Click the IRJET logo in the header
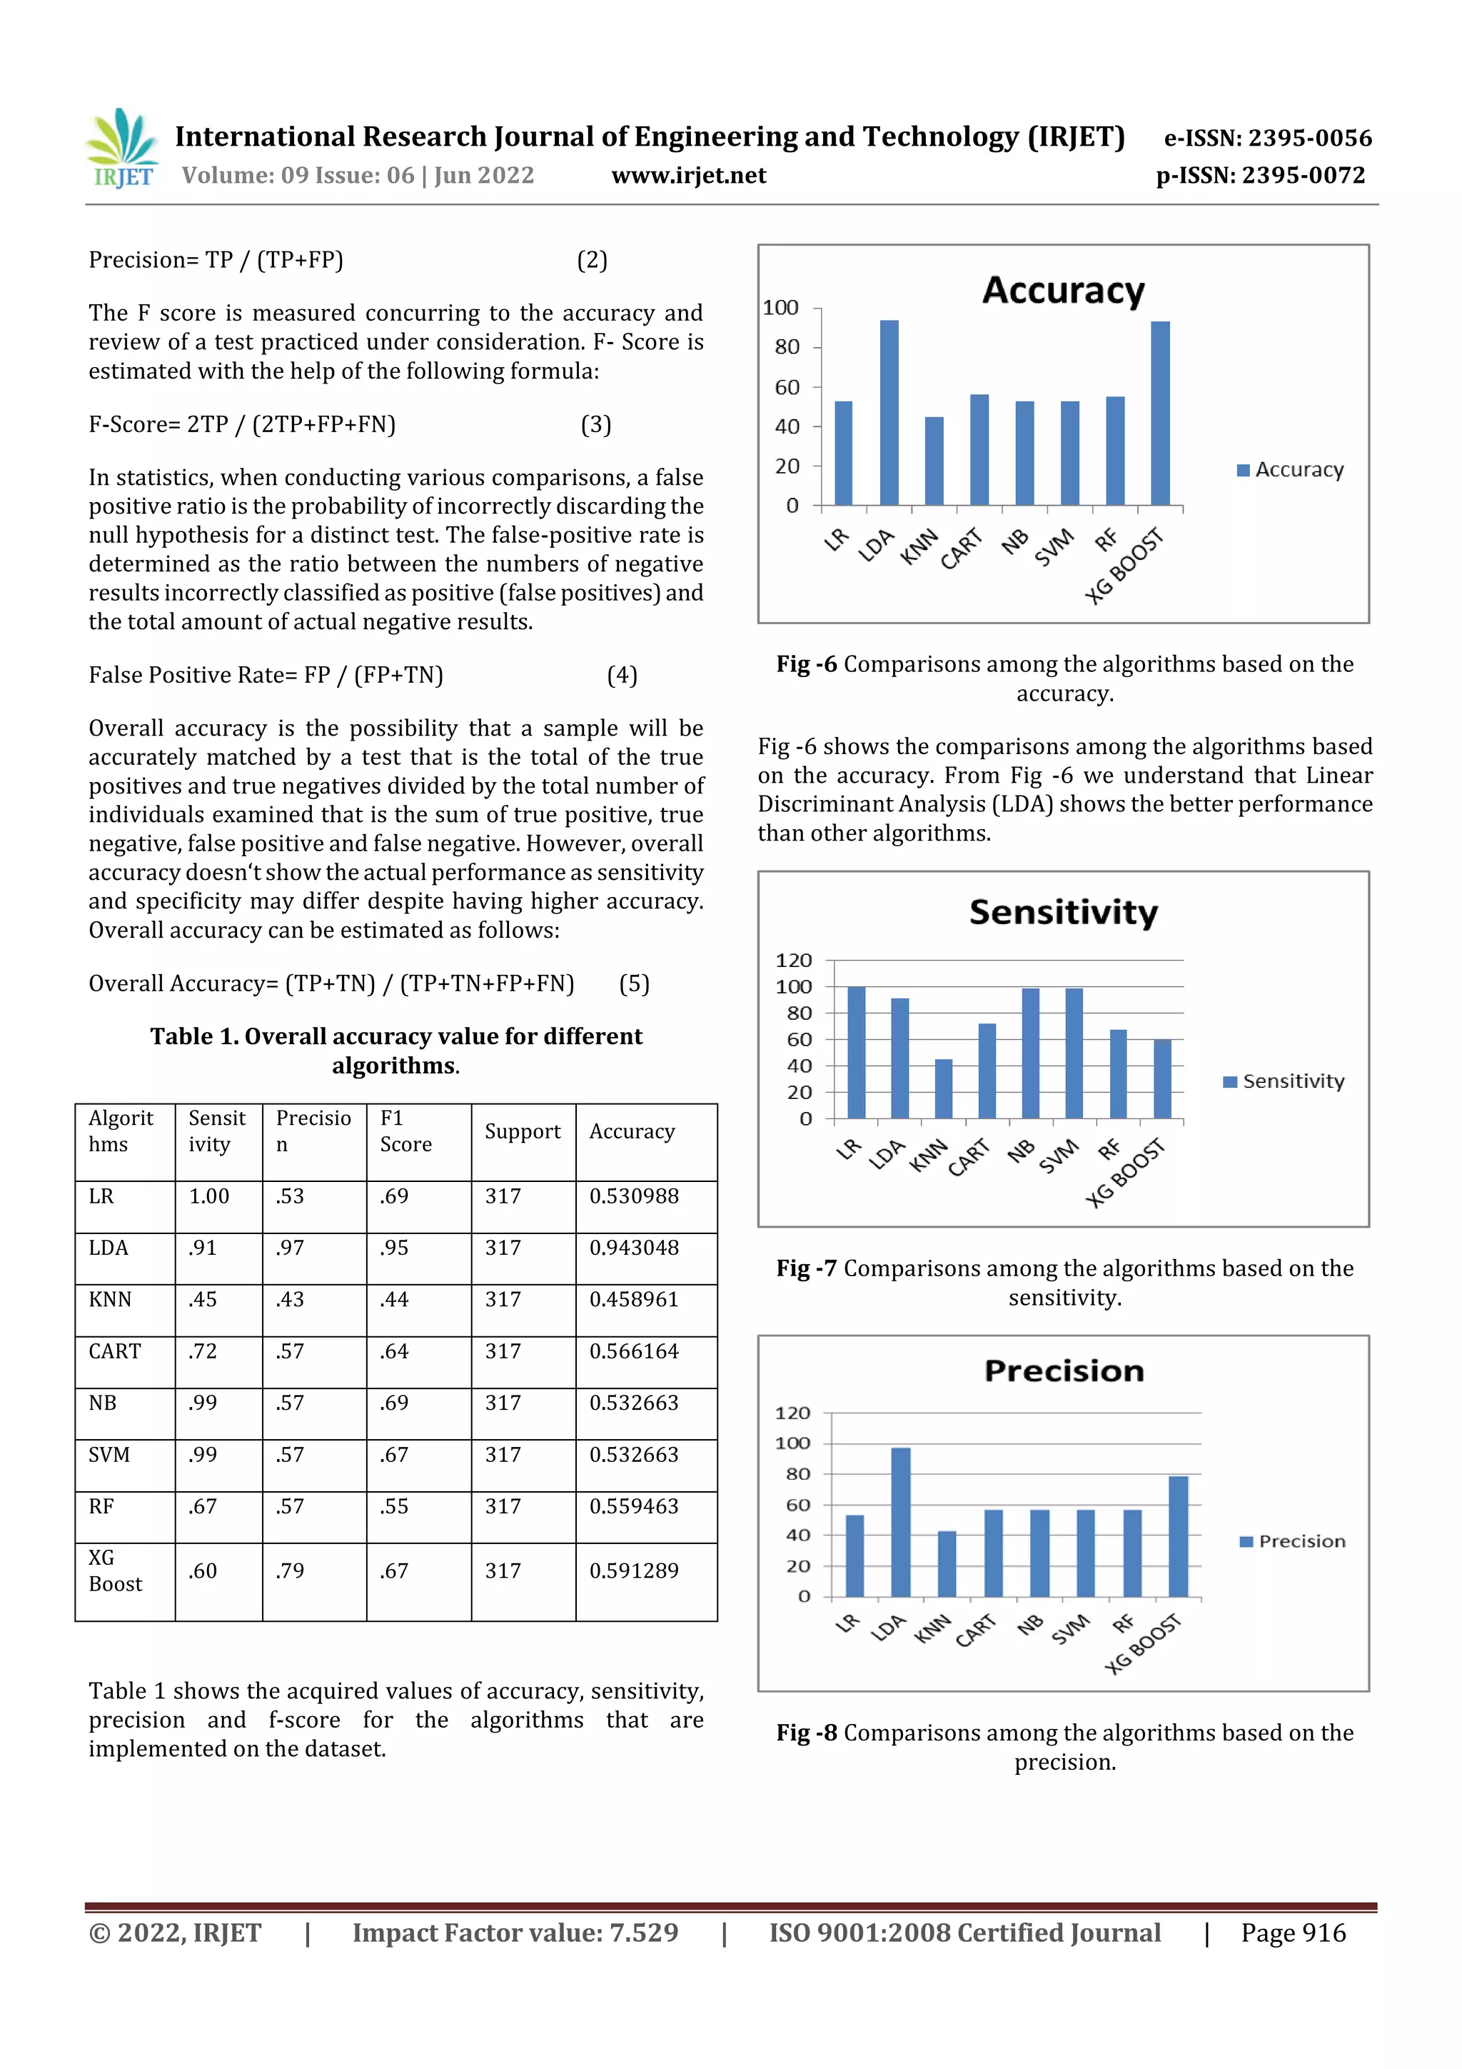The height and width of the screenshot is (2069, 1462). click(121, 149)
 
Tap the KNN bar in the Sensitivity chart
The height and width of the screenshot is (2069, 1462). click(943, 1088)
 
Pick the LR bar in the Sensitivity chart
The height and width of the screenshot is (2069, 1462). click(856, 1053)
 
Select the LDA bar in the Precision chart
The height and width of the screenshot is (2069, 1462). click(900, 1522)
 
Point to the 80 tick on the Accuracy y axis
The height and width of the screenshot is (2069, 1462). click(787, 347)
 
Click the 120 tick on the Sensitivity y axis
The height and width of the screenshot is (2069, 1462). click(794, 961)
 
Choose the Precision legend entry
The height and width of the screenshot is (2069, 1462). click(1293, 1542)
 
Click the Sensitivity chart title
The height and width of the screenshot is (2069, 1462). click(1063, 913)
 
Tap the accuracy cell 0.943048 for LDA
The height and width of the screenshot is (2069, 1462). click(634, 1248)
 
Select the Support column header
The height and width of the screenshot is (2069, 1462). click(523, 1132)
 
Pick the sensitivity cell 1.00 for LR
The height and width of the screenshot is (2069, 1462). click(209, 1197)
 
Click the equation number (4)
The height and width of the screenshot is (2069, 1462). click(622, 675)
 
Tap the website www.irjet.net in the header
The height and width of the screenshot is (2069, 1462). click(688, 176)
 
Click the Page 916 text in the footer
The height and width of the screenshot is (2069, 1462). click(1293, 1933)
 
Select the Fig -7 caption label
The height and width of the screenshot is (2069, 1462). click(806, 1269)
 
